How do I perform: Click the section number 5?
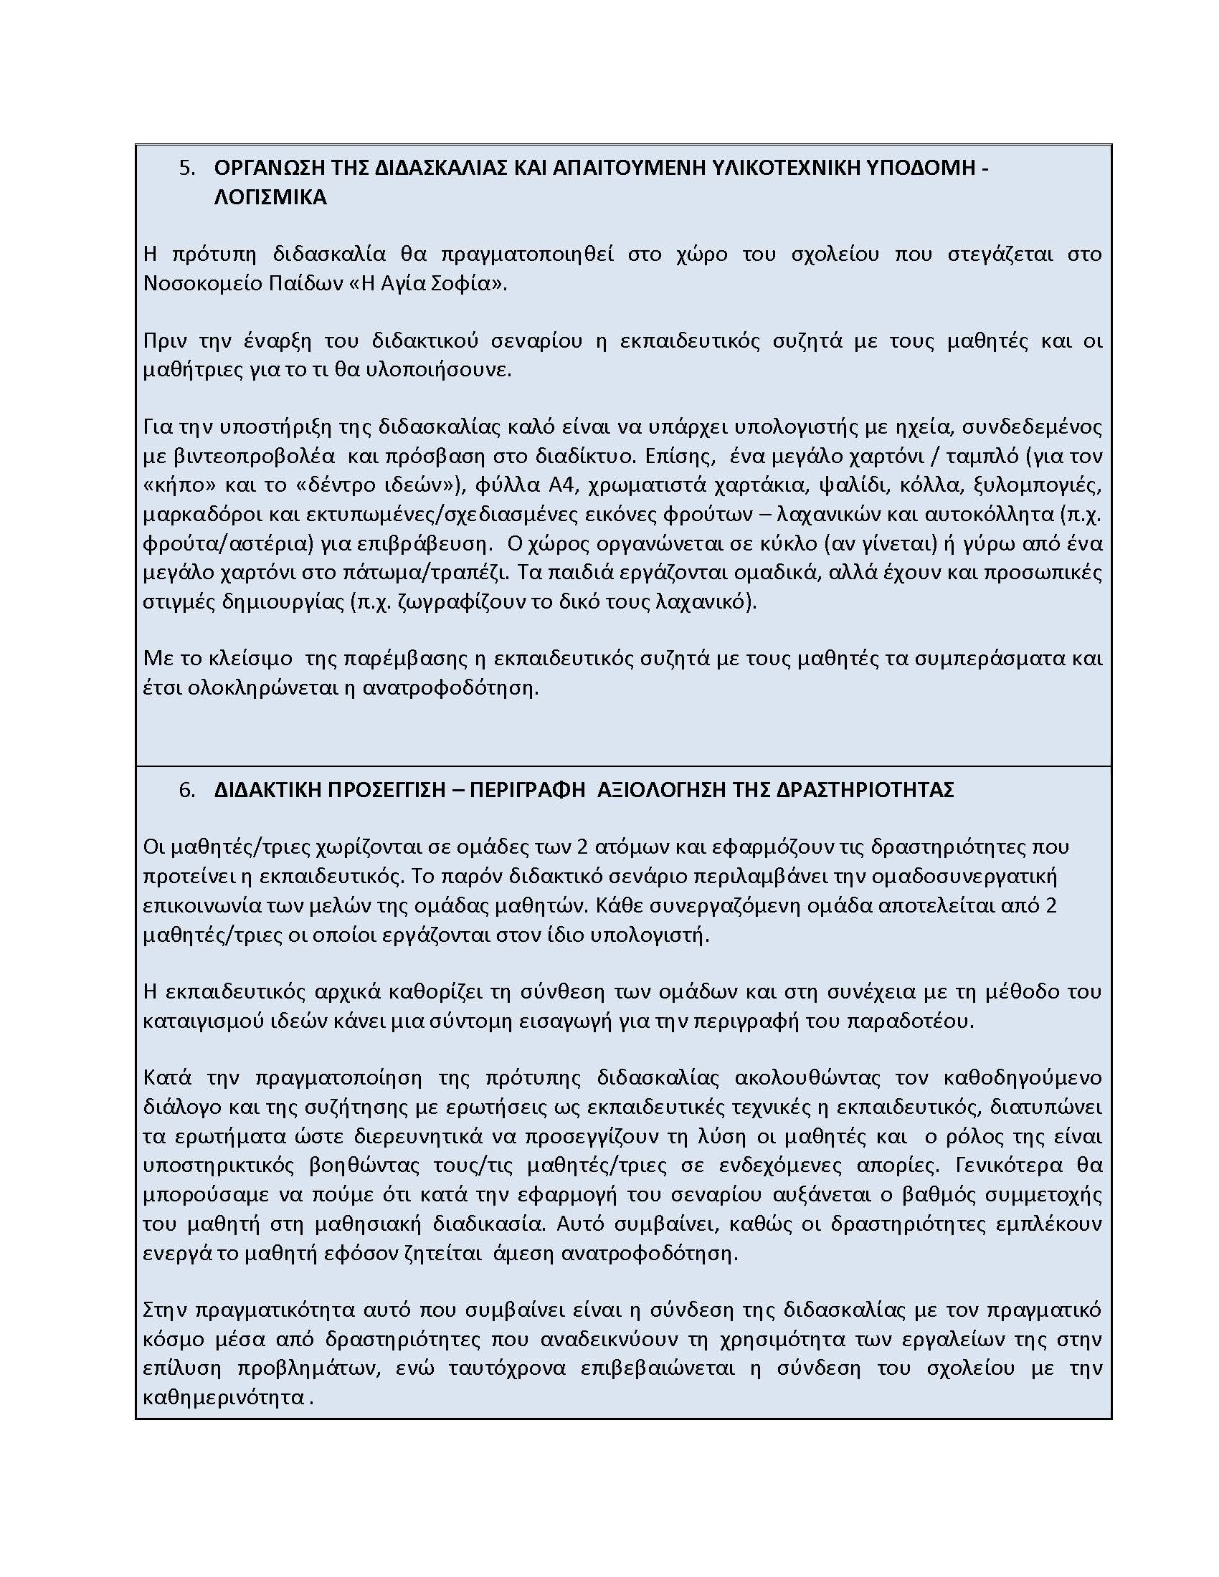coord(186,168)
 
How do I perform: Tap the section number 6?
coord(186,790)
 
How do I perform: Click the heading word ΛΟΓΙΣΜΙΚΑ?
coord(270,197)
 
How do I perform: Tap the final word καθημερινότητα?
coord(224,1398)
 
